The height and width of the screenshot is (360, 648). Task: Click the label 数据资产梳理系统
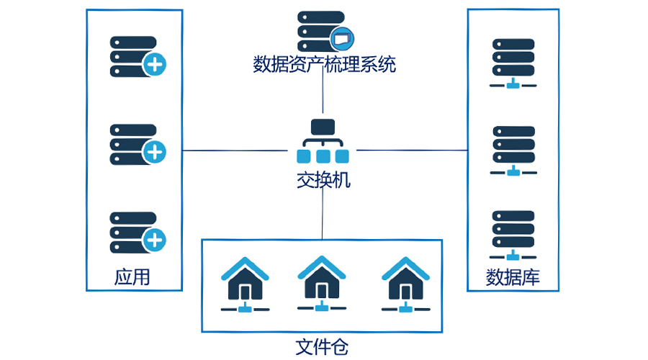324,65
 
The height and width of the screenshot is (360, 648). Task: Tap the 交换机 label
323,179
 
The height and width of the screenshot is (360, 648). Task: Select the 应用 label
132,276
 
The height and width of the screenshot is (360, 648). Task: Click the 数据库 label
513,276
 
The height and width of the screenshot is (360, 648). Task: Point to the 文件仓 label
322,347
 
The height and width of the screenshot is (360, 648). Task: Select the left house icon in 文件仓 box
245,284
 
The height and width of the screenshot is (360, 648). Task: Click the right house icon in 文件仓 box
405,284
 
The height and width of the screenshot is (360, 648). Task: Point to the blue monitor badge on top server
341,35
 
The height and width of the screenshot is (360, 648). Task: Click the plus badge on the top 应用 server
155,65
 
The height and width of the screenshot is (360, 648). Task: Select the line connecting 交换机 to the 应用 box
234,150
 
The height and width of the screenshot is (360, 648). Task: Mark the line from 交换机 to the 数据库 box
412,150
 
